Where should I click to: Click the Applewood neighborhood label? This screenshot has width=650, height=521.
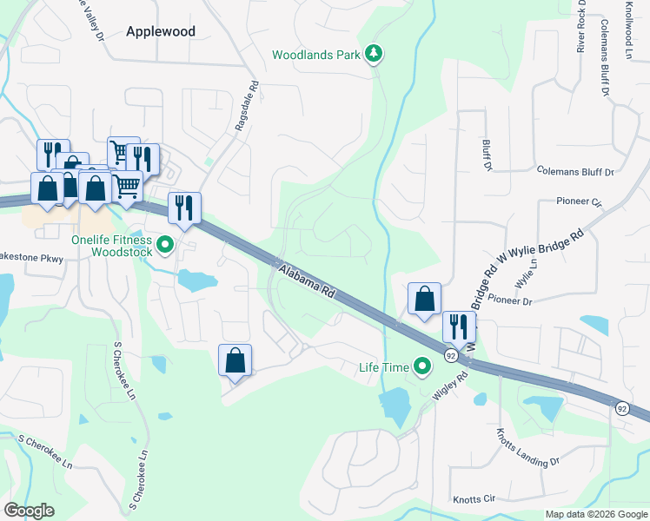160,31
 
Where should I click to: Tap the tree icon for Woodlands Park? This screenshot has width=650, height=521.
374,54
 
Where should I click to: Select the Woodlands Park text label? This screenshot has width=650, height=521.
315,55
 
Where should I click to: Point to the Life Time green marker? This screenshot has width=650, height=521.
423,367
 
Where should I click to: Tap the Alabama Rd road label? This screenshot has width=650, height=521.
308,282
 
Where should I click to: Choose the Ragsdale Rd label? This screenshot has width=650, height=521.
248,107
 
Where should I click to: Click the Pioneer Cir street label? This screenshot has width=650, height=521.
579,201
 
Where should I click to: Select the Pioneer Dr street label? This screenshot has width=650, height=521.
510,301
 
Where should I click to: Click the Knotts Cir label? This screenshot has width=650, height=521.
474,499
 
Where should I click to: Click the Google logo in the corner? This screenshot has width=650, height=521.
29,511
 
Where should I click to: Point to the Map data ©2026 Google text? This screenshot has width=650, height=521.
595,514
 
